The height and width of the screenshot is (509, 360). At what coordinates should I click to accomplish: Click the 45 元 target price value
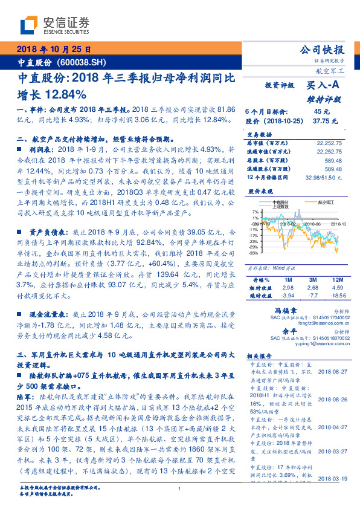pyautogui.click(x=321, y=112)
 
